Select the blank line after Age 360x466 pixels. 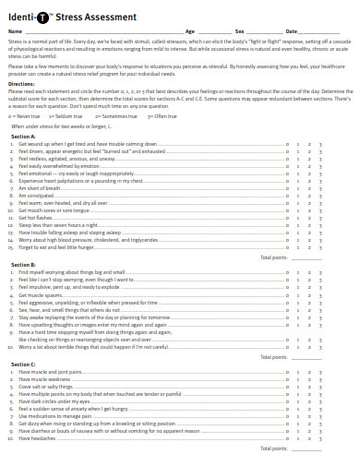click(x=216, y=31)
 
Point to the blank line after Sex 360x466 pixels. click(x=264, y=31)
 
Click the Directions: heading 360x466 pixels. click(x=21, y=82)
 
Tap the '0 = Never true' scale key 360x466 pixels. click(x=25, y=117)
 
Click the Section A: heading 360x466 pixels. click(x=23, y=136)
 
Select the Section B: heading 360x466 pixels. click(x=23, y=264)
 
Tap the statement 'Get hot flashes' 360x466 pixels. click(x=36, y=216)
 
